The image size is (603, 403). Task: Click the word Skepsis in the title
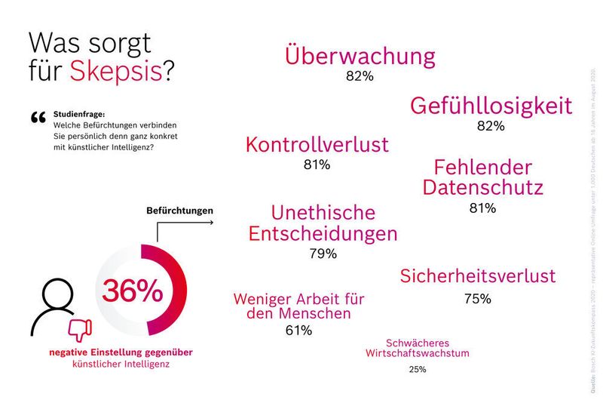click(116, 70)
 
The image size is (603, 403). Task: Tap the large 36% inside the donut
click(133, 291)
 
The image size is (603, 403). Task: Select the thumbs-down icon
click(79, 329)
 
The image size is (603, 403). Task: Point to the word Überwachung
click(360, 56)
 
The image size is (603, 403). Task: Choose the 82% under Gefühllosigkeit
click(490, 126)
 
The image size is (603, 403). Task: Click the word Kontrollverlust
click(317, 145)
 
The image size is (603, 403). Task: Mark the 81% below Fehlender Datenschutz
click(482, 208)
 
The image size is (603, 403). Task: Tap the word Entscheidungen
click(323, 233)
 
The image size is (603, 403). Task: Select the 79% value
click(323, 254)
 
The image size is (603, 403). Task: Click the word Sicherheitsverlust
click(477, 275)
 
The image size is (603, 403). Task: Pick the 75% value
click(477, 299)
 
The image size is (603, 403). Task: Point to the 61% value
click(298, 330)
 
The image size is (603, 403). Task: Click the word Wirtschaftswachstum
click(418, 352)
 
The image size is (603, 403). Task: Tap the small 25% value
click(418, 370)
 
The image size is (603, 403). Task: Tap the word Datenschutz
click(482, 186)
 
